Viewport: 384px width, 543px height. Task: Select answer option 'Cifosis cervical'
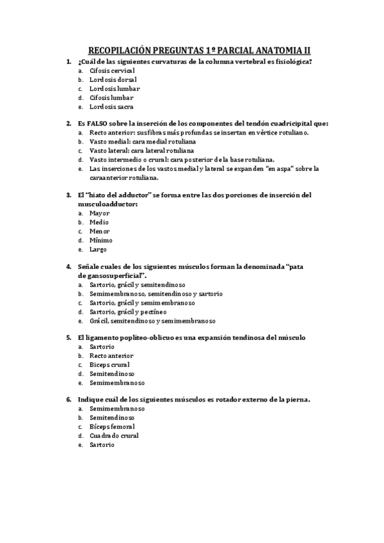tap(112, 70)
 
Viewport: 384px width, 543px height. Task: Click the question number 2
tap(68, 123)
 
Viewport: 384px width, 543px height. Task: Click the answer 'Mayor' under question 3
tap(99, 213)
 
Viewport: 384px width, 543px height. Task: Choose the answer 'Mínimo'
tap(100, 240)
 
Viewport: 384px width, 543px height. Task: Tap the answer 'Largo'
tap(98, 249)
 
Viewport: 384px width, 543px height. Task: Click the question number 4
tap(68, 266)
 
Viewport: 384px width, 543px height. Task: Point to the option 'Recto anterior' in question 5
tap(111, 355)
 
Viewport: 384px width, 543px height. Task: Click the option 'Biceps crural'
tap(109, 364)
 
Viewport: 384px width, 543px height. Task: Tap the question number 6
tap(68, 399)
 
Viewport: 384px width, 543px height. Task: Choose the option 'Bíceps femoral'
tap(112, 426)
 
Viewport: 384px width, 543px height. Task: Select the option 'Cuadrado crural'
tap(114, 435)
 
